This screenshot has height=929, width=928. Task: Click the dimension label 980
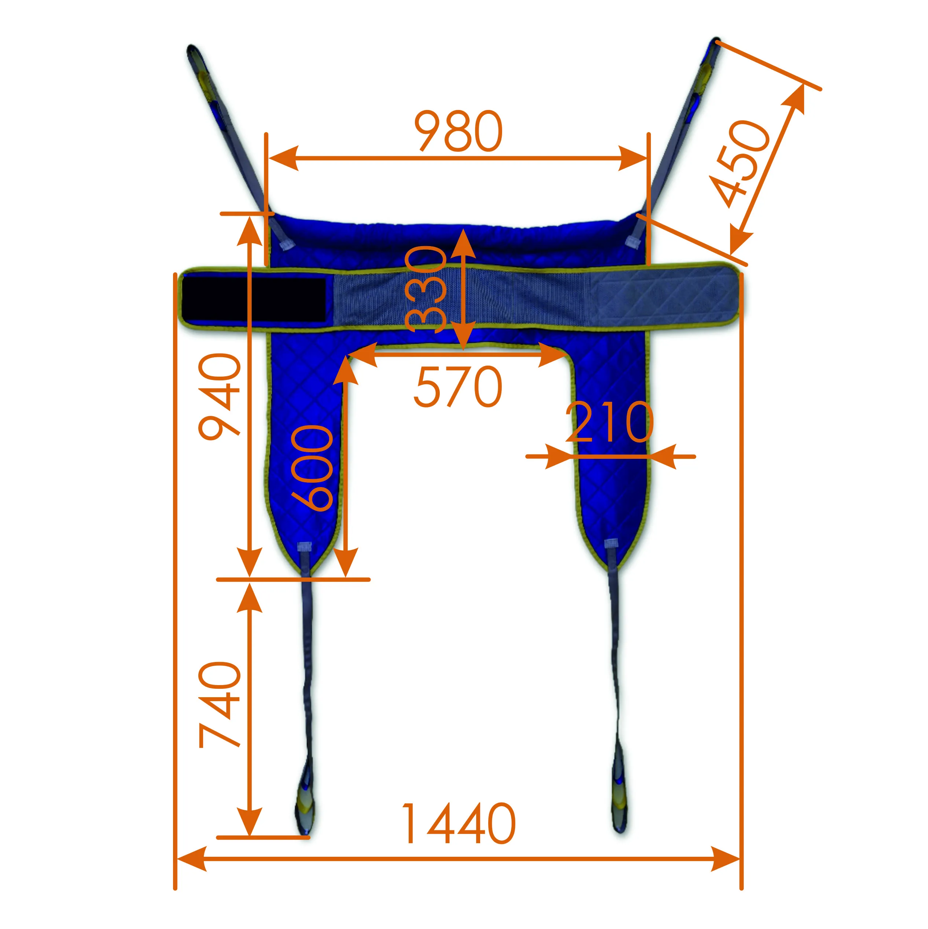coord(459,131)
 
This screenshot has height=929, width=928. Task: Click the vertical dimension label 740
coord(219,705)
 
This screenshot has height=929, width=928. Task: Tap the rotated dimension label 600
coord(312,467)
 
